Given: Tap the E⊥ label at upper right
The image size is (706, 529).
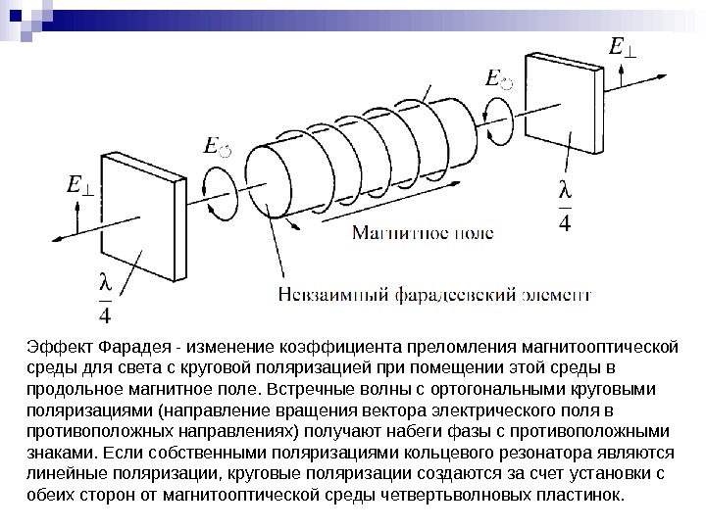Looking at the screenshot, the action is click(621, 49).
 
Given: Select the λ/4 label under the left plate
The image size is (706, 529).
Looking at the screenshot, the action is click(106, 299).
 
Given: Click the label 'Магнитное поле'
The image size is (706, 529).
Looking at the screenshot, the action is click(423, 235).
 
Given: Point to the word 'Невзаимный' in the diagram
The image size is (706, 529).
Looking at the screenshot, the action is click(328, 292).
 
